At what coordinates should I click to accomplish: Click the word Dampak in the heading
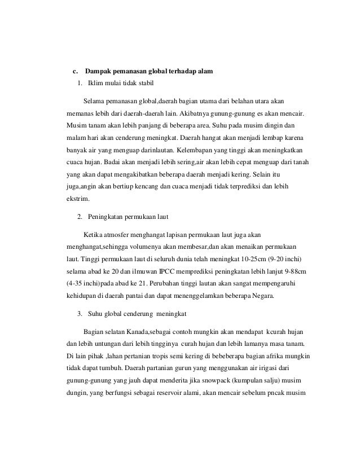tap(98, 72)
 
